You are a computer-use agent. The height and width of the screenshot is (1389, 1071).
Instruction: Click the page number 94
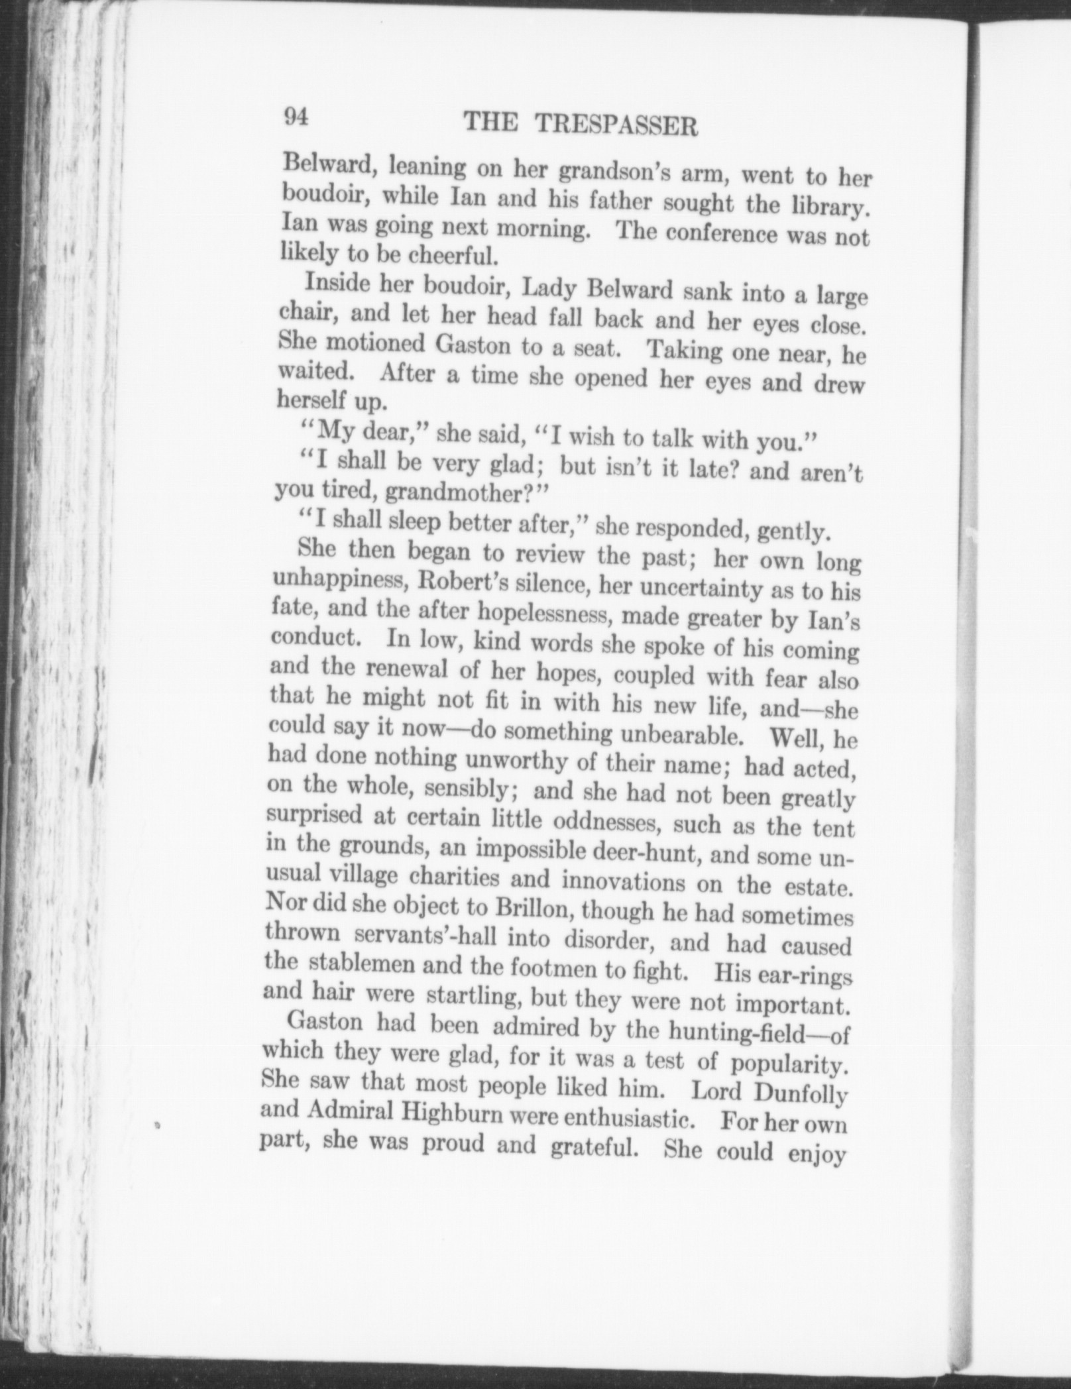(296, 118)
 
